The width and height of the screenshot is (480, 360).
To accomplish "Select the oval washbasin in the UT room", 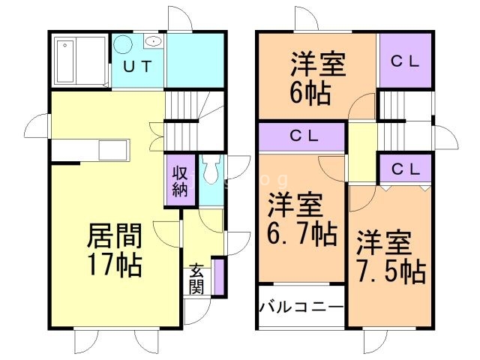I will [152, 42].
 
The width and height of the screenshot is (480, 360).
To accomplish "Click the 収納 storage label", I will [181, 180].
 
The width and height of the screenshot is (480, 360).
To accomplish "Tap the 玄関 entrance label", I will [196, 277].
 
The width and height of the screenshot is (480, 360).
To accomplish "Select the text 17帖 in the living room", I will [115, 265].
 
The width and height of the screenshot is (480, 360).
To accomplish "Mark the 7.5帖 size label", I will [390, 269].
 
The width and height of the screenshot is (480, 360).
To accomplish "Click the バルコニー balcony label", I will [301, 307].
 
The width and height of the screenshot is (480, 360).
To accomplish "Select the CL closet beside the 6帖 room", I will [406, 61].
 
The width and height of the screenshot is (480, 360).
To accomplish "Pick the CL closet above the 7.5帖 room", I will [406, 169].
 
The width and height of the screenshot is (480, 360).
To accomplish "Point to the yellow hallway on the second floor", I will [363, 154].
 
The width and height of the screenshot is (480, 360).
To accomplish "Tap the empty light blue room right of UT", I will [196, 60].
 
